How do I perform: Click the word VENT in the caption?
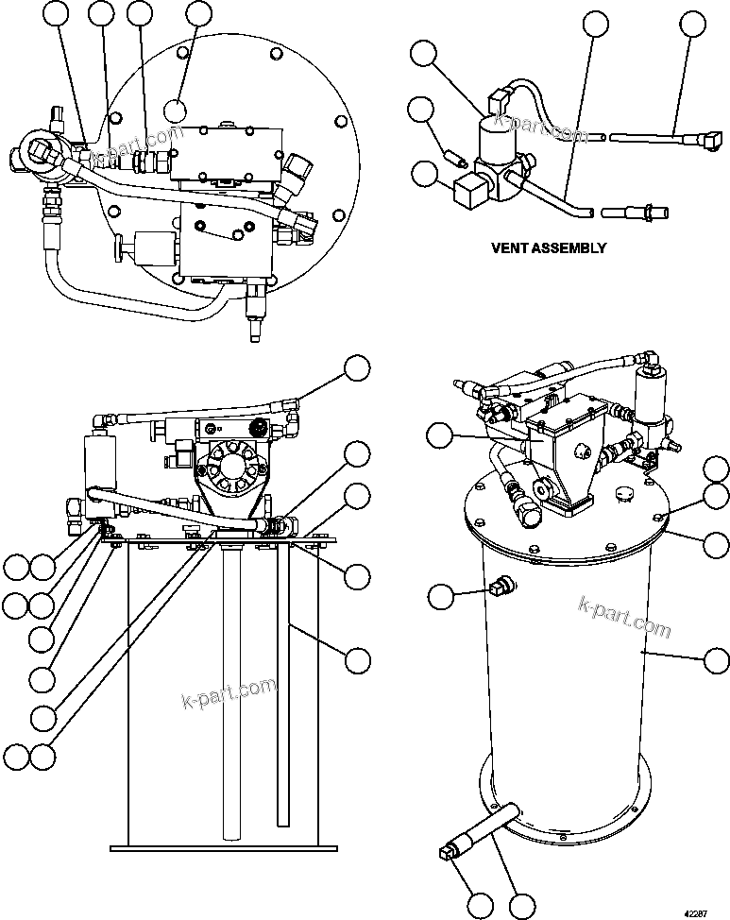[511, 248]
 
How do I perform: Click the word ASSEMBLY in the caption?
[569, 248]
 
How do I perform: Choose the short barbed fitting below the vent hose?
[624, 214]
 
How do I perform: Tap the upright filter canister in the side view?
[99, 466]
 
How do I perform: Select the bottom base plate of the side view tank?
[225, 843]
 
